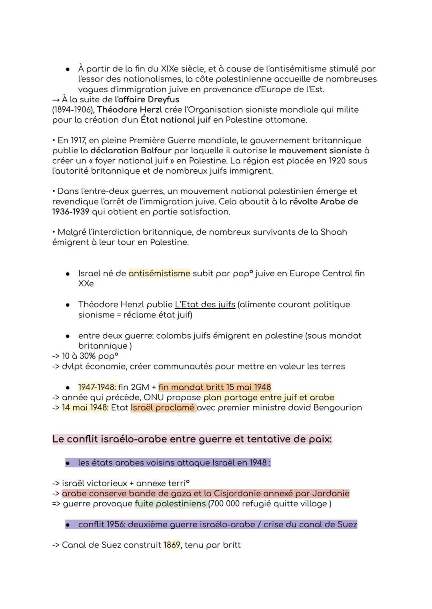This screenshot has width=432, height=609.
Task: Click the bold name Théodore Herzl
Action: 130,109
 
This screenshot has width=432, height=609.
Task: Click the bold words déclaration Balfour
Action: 131,151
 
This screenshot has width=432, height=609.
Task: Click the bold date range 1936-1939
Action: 70,212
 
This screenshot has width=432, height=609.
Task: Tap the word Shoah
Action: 334,232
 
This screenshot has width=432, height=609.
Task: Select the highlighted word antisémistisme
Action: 159,274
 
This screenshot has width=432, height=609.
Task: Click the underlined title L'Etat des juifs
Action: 205,304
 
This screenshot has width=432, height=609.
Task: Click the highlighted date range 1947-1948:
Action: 97,387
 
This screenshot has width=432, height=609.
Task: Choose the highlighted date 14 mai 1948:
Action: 85,408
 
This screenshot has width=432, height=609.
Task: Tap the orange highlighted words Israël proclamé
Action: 163,408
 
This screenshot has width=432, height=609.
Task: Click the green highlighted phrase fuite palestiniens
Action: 170,504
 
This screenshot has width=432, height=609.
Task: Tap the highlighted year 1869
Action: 172,545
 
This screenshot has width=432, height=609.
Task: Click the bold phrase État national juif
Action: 175,120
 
